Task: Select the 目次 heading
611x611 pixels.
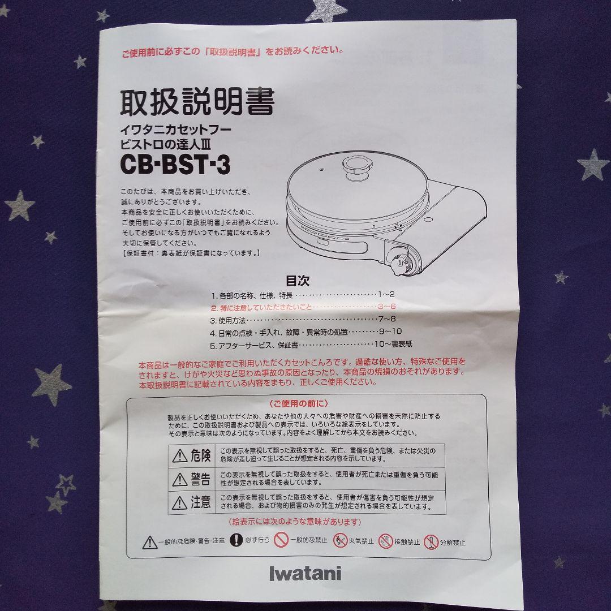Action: (298, 280)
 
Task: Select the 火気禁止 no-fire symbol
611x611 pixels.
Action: (340, 541)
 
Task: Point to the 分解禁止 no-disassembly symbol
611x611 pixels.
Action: (431, 541)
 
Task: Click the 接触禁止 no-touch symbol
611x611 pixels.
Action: (386, 541)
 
